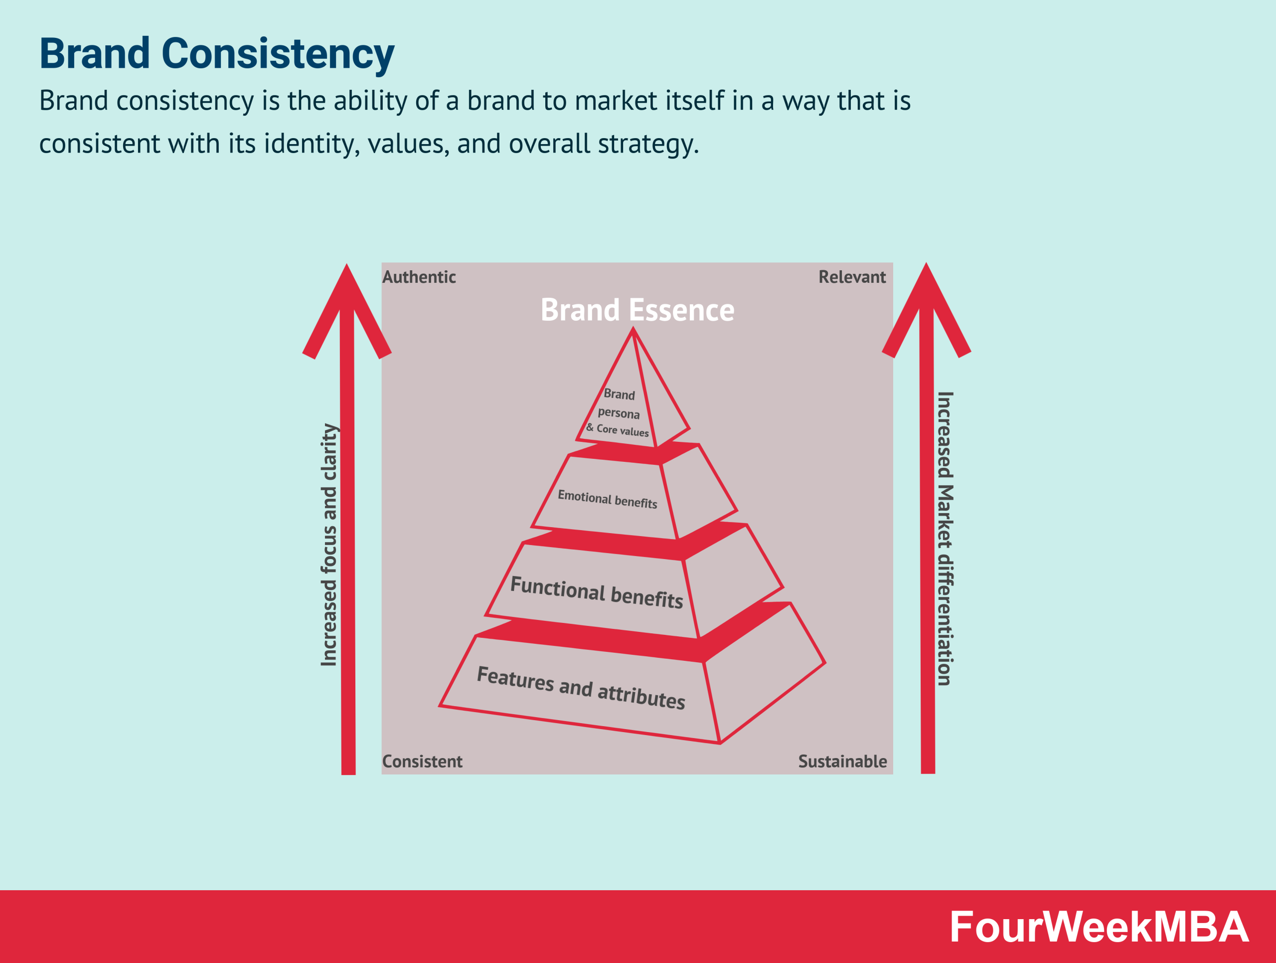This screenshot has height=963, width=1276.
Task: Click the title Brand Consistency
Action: [x=216, y=54]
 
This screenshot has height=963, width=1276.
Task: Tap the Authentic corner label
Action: [x=419, y=277]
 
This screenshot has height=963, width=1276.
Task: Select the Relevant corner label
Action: [x=851, y=277]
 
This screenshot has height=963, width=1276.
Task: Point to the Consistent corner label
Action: [x=422, y=761]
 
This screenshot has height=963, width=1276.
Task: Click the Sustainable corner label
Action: [x=842, y=761]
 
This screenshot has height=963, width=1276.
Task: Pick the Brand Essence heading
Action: [x=638, y=310]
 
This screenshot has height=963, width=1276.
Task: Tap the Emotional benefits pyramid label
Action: [x=607, y=499]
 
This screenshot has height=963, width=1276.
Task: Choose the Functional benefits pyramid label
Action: [x=597, y=592]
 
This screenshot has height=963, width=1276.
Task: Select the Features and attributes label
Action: [x=581, y=687]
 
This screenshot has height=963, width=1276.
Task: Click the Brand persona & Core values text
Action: [x=619, y=413]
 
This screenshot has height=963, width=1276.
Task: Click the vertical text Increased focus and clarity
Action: [x=329, y=545]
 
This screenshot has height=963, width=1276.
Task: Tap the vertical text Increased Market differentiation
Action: [x=945, y=538]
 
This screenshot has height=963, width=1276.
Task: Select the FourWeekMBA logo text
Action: [x=1099, y=927]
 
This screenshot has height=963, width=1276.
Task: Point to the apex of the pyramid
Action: [x=633, y=330]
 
